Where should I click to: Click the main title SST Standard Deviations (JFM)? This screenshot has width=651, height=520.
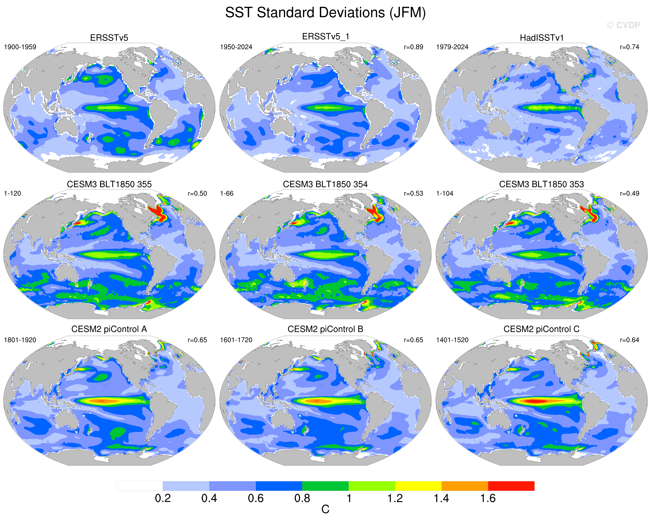[325, 13]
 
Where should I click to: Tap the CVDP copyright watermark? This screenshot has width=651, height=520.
[623, 25]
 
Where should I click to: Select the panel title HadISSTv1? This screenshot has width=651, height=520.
[542, 38]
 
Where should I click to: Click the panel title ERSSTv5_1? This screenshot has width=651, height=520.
[325, 37]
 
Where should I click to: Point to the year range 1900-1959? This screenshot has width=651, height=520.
[20, 47]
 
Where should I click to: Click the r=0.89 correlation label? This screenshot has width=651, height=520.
[413, 47]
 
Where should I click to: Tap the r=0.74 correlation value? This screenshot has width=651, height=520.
[630, 47]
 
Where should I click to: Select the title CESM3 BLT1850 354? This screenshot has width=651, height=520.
[325, 184]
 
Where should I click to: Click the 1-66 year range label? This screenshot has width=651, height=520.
[227, 193]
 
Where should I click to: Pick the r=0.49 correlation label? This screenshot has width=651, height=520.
[630, 193]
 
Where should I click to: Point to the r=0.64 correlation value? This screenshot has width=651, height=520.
[630, 340]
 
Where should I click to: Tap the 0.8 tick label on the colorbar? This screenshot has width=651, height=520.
[302, 498]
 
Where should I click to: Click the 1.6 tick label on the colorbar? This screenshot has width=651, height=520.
[488, 498]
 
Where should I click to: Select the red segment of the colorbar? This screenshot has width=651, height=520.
[511, 486]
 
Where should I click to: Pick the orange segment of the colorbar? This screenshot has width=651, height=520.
[465, 486]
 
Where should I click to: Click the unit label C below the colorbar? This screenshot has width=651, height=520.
[325, 509]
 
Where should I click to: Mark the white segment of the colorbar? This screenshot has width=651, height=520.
[139, 486]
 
